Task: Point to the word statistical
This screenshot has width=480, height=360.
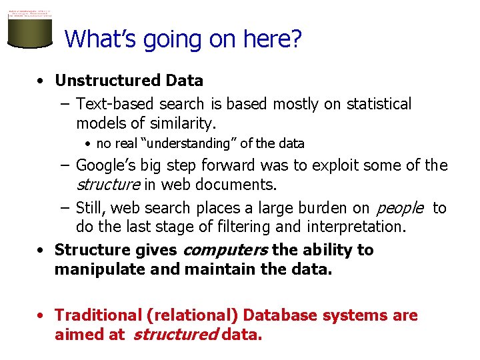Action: [375, 104]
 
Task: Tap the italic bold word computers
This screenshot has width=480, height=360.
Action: [225, 250]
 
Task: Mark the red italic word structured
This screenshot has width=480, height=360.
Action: [175, 334]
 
